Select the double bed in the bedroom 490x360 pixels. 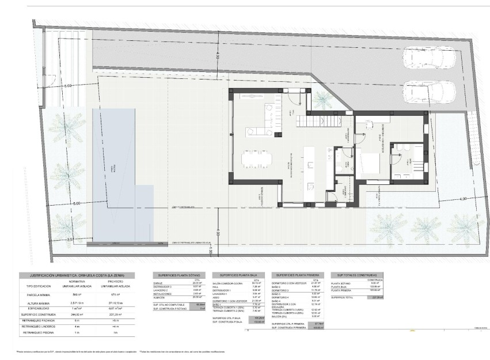(x=369, y=164)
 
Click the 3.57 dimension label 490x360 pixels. (x=70, y=238)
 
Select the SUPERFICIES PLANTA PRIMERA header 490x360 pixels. (x=298, y=276)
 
